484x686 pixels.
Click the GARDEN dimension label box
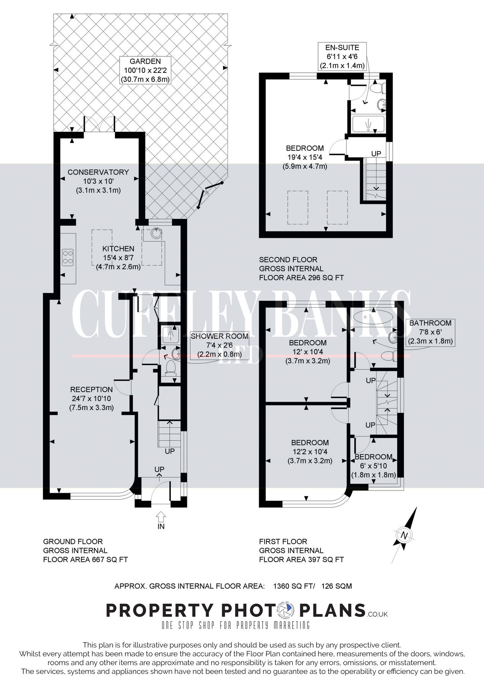145,70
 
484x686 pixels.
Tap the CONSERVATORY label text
98,172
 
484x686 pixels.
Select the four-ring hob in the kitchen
68,256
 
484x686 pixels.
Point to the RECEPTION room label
91,389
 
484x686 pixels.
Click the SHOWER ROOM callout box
220,345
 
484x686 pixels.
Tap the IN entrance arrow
161,518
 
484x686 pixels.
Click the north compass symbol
404,535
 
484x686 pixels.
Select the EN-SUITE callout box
342,56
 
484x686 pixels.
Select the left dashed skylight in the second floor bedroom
298,207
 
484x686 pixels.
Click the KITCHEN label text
118,248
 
